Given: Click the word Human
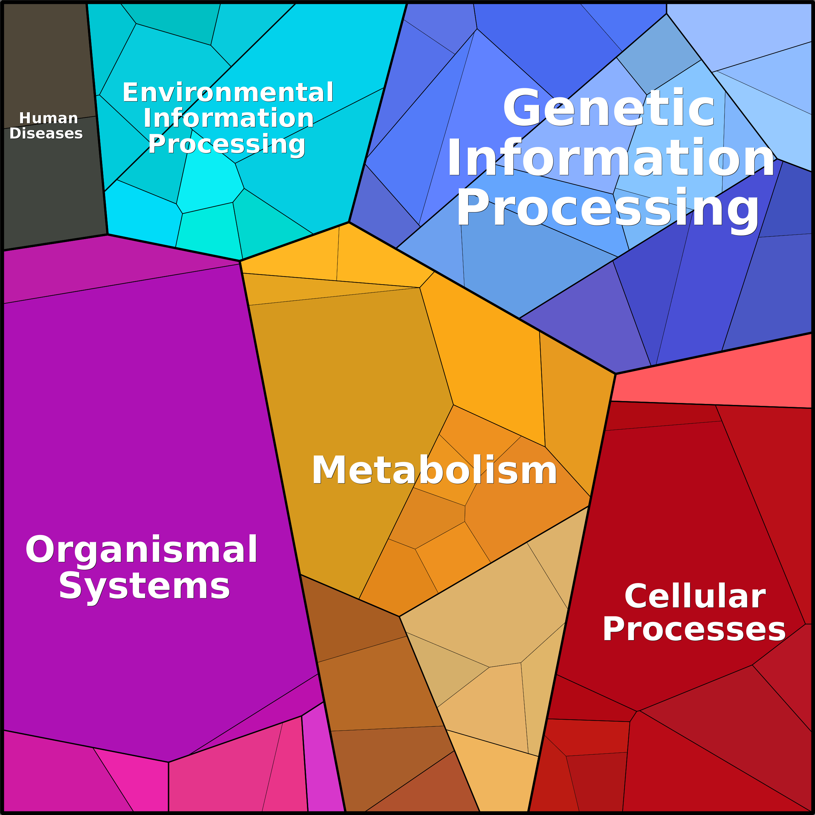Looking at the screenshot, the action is click(49, 118).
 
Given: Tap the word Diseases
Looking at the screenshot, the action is click(46, 133).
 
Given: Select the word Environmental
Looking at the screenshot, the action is click(228, 93).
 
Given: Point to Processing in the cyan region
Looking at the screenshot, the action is click(226, 145).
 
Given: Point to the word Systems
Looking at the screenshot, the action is click(144, 586).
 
